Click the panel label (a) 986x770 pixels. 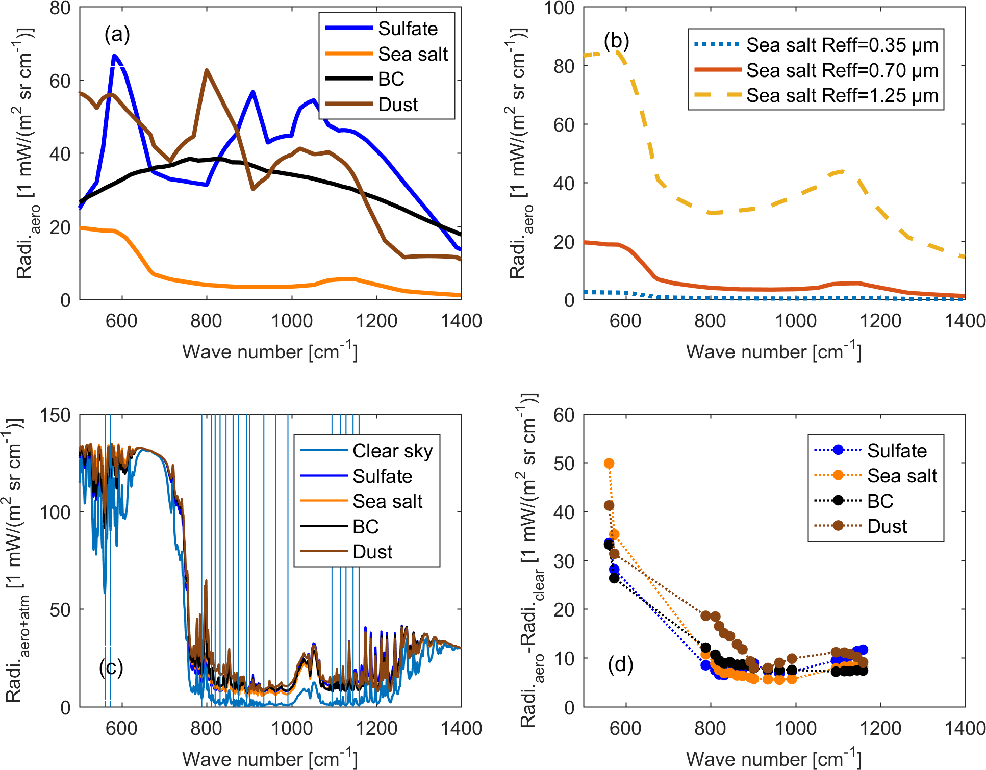(117, 34)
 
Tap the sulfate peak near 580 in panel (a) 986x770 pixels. (114, 55)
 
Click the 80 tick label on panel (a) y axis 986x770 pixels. (60, 8)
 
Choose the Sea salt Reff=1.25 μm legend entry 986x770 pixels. (842, 95)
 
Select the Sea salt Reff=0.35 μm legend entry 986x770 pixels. (842, 45)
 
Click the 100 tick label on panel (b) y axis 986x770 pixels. (559, 8)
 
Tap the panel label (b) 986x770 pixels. (616, 40)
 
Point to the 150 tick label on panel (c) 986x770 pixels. (55, 415)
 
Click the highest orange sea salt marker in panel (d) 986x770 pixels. (609, 464)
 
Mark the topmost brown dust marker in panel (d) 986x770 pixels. (609, 505)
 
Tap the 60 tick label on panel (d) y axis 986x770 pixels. (564, 415)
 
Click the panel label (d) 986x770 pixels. (620, 664)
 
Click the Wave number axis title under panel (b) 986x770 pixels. (773, 352)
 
